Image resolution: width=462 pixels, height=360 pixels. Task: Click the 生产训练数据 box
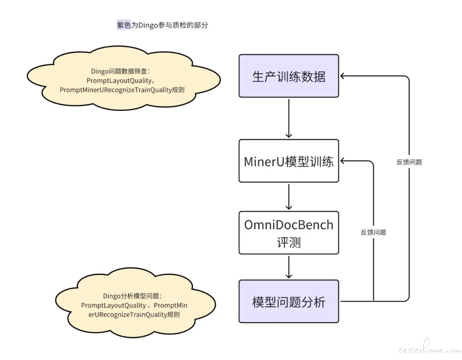(x=289, y=76)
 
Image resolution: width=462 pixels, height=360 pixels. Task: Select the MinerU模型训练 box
(x=289, y=161)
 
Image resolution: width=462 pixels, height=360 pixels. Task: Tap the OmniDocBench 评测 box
(x=289, y=233)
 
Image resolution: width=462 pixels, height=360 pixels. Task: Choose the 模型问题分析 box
(x=289, y=301)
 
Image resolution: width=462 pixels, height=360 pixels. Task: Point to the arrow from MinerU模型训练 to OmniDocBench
(x=289, y=196)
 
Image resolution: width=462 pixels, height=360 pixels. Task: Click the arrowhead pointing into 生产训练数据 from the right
(x=343, y=76)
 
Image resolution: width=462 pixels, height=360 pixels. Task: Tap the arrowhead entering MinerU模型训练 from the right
(x=343, y=161)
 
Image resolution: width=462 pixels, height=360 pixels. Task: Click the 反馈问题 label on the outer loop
(x=409, y=162)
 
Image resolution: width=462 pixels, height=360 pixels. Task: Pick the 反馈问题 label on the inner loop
(x=373, y=233)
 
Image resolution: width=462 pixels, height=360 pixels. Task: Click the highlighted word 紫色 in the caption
(x=124, y=25)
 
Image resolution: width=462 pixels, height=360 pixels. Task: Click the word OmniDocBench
(x=289, y=225)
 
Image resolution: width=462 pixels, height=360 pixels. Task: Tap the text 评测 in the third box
(x=289, y=242)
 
